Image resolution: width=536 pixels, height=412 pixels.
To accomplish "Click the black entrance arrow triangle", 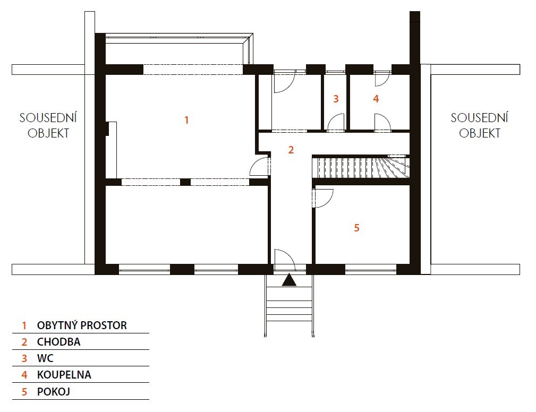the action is [289, 280].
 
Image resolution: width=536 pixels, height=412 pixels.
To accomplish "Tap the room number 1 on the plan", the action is [186, 120].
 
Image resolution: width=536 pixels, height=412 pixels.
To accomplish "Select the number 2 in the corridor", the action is [291, 150].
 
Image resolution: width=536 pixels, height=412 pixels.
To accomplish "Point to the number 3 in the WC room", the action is [336, 99].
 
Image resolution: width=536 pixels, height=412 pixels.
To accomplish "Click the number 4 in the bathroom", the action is [376, 99].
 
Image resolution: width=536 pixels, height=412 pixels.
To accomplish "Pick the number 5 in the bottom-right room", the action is [356, 228].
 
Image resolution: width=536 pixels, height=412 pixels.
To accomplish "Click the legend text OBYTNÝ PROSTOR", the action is [82, 325].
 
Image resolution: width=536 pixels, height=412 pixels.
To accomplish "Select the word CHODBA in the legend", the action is [59, 341].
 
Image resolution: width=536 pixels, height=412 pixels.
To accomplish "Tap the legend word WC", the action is [45, 358].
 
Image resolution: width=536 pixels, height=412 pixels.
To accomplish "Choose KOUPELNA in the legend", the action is [64, 375].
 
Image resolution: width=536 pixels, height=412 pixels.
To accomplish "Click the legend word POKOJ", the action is [53, 391].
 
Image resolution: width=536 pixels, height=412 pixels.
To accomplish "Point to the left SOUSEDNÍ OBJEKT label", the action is [48, 125].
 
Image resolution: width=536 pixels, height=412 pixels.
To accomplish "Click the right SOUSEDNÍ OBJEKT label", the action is [479, 125].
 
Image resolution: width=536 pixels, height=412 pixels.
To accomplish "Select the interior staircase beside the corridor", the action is [361, 167].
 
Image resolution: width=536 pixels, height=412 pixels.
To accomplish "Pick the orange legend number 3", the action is [24, 358].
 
